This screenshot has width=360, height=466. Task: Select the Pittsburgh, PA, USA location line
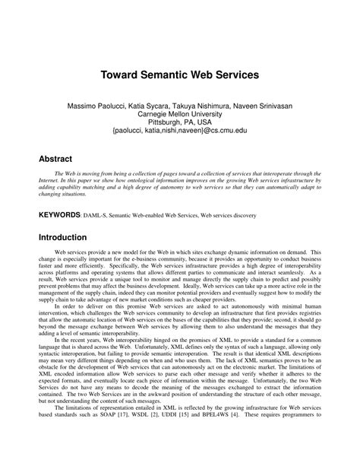tap(179, 122)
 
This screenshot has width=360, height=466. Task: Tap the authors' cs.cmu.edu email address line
tap(179, 131)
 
